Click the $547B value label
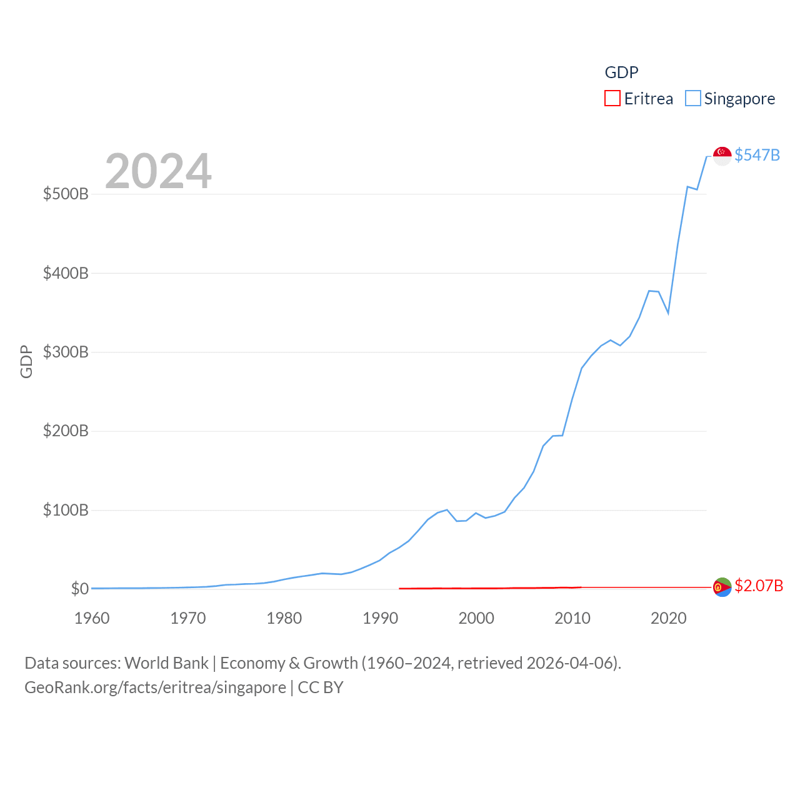pyautogui.click(x=757, y=155)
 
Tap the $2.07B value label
pyautogui.click(x=759, y=586)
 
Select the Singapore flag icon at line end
pyautogui.click(x=722, y=156)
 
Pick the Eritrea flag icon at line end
pyautogui.click(x=722, y=587)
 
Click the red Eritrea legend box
pyautogui.click(x=612, y=99)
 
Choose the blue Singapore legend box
pyautogui.click(x=693, y=99)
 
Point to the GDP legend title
pyautogui.click(x=621, y=72)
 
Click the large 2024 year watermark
pyautogui.click(x=158, y=171)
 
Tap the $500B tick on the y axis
pyautogui.click(x=66, y=194)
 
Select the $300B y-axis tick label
pyautogui.click(x=66, y=352)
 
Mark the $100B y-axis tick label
pyautogui.click(x=66, y=510)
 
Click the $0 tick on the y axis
pyautogui.click(x=79, y=589)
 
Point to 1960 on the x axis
pyautogui.click(x=92, y=618)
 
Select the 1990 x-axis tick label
pyautogui.click(x=380, y=618)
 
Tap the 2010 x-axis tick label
pyautogui.click(x=572, y=618)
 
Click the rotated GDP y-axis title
pyautogui.click(x=26, y=361)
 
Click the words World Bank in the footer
pyautogui.click(x=166, y=662)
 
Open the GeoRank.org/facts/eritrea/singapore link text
pyautogui.click(x=155, y=687)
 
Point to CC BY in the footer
pyautogui.click(x=321, y=687)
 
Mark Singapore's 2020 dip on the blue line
pyautogui.click(x=668, y=312)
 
